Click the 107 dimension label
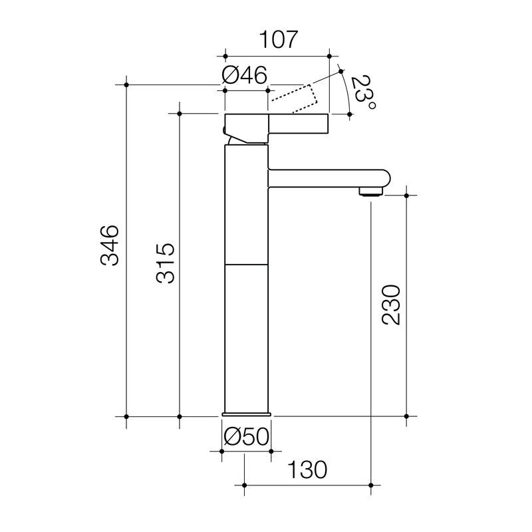coord(278,40)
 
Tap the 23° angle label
coord(363,93)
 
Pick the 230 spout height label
coord(392,305)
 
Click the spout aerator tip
coord(372,192)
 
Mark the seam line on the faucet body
coord(246,265)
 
